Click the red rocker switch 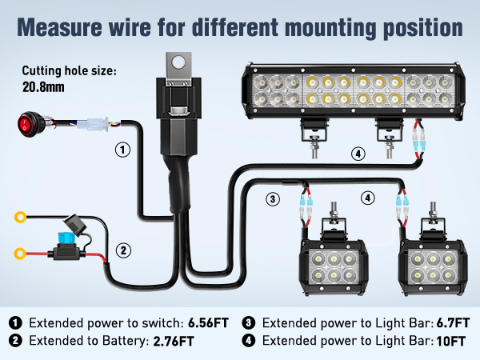27,123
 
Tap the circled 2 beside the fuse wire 122,250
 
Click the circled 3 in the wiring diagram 273,198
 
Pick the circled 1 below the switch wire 122,149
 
